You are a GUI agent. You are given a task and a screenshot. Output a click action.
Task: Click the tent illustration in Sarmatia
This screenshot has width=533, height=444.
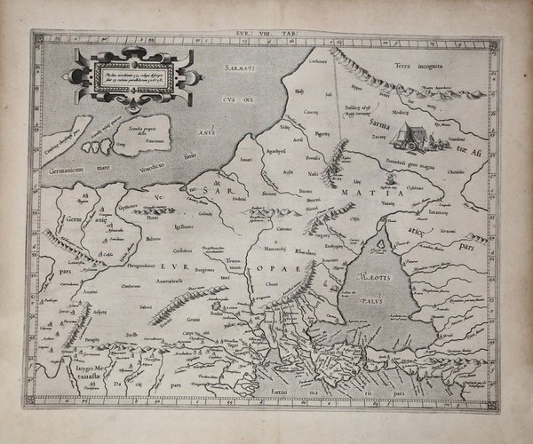tap(410, 135)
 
